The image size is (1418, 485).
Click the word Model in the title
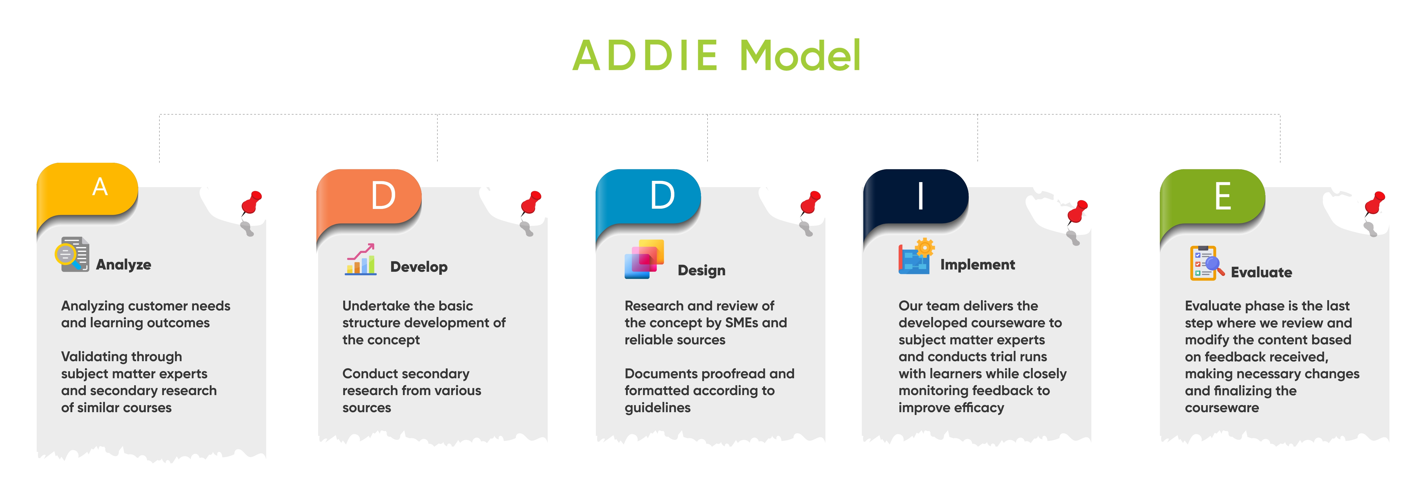coord(800,56)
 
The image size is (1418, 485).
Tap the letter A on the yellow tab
coord(100,187)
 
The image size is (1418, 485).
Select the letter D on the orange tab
coord(383,196)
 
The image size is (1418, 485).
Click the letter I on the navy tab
coord(920,196)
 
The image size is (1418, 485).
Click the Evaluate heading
coord(1261,272)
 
